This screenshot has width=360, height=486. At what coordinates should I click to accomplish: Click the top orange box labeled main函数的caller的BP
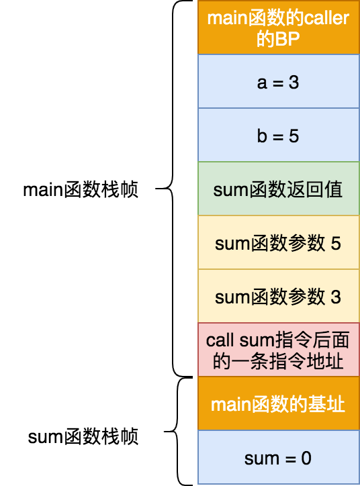tap(278, 28)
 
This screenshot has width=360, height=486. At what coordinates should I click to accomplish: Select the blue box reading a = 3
tap(278, 82)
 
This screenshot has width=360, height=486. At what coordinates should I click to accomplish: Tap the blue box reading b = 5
tap(278, 136)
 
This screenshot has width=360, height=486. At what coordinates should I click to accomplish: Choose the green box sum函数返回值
tap(278, 189)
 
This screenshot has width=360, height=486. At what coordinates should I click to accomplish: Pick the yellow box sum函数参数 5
tap(278, 242)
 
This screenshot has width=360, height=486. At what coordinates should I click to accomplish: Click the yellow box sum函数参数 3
tap(278, 296)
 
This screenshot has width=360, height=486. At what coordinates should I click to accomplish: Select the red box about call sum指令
tap(278, 350)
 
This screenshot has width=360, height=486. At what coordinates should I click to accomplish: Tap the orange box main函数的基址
tap(278, 404)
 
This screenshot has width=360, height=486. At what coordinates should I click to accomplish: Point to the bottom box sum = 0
tap(278, 458)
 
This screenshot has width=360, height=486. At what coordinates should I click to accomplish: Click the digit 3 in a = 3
tap(294, 83)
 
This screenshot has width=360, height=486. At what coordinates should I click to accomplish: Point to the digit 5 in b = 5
tap(294, 136)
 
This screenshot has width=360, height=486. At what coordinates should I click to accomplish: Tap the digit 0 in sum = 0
tap(306, 458)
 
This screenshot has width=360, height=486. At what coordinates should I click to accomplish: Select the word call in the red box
tap(220, 340)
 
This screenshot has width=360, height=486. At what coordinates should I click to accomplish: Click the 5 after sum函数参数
tap(336, 243)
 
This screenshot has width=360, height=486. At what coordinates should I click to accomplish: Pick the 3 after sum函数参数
tap(336, 297)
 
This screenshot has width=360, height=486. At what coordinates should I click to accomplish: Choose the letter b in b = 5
tap(262, 136)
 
